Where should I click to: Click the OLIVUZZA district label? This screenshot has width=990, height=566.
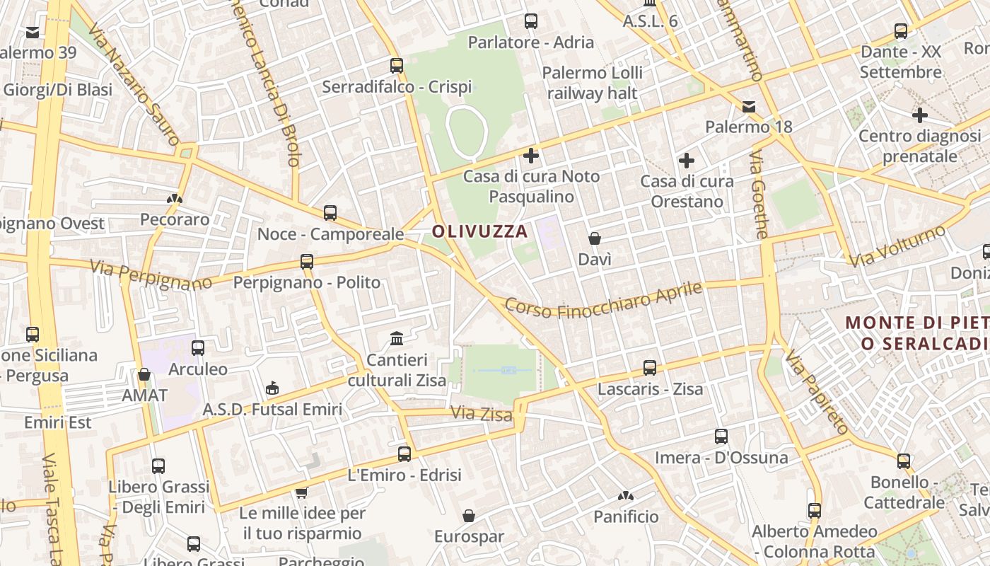[x=480, y=231]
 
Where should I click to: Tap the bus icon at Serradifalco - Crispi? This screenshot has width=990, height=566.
[x=397, y=66]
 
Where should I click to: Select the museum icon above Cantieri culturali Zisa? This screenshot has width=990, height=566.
[x=397, y=338]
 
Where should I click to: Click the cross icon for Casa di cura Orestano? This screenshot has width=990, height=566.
[x=686, y=161]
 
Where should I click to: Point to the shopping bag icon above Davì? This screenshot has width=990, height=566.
[x=595, y=238]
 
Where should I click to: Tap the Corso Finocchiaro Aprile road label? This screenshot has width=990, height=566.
[x=604, y=301]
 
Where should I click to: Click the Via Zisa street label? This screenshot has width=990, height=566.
[x=481, y=413]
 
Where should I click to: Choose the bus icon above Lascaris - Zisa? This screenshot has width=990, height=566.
[x=650, y=368]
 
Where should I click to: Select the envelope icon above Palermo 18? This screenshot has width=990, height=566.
[x=749, y=107]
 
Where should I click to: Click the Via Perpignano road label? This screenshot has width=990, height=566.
[x=151, y=276]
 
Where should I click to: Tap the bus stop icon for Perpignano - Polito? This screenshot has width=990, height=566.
[x=307, y=262]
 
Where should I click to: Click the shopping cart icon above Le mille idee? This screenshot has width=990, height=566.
[x=302, y=492]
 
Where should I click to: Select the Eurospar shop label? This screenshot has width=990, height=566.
[x=469, y=536]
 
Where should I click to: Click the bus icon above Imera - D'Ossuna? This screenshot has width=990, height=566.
[x=721, y=437]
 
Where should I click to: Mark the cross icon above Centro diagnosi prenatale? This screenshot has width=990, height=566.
[x=919, y=115]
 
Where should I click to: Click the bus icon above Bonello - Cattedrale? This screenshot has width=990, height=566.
[x=904, y=461]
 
